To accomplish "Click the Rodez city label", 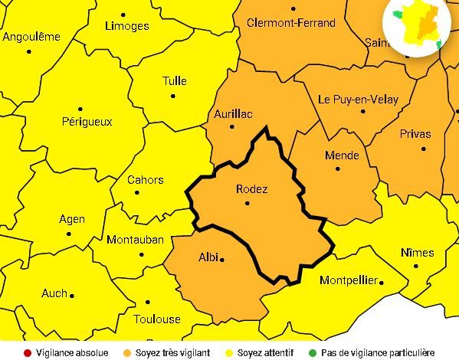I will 251,189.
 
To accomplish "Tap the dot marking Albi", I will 223,260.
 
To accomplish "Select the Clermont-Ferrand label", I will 291,23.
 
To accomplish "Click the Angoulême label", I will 31,37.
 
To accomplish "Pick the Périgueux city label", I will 87,121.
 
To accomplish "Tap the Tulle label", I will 175,82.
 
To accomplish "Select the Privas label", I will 415,134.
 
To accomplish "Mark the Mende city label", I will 342,155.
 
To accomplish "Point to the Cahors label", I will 145,180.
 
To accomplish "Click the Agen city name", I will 72,220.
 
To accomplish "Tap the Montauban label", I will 135,240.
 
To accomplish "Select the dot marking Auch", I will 72,295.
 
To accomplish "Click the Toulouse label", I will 156,319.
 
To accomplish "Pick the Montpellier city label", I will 348,280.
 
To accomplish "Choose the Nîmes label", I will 417,253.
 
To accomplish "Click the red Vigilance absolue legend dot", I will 27,353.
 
